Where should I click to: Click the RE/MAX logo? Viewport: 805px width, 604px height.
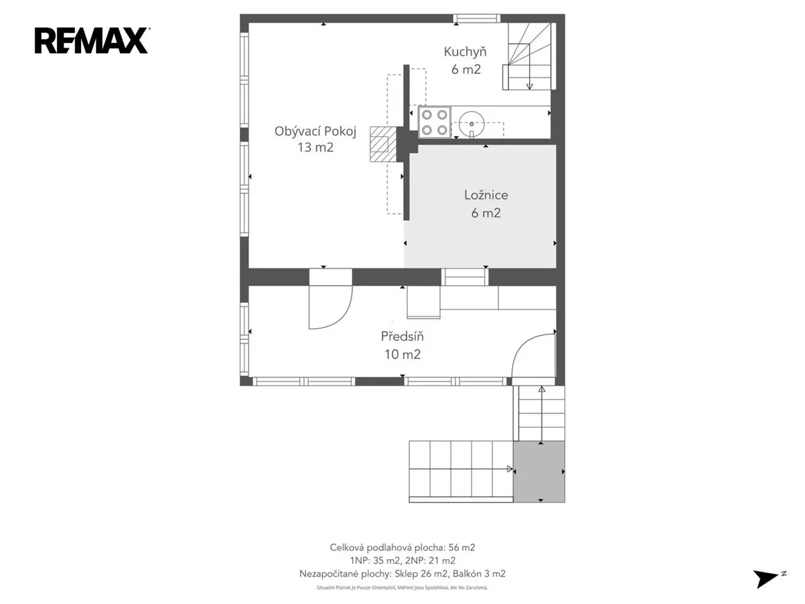[92, 41]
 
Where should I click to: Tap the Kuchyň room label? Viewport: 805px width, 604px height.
[465, 52]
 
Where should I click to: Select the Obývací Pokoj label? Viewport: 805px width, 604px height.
[315, 132]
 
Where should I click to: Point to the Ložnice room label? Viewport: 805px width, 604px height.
[486, 195]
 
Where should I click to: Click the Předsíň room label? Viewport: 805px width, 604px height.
[402, 336]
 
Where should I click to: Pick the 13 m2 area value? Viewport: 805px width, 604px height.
[315, 148]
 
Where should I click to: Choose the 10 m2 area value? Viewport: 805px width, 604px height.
[402, 354]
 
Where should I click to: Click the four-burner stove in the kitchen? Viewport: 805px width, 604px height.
[435, 122]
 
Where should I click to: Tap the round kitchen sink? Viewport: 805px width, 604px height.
[472, 124]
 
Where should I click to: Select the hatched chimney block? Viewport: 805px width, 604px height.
[383, 144]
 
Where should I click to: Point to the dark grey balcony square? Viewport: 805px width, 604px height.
[539, 471]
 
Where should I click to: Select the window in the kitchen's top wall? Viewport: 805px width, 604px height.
[476, 18]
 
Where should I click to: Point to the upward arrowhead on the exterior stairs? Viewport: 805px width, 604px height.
[541, 389]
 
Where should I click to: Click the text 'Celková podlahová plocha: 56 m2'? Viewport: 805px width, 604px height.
[402, 548]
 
